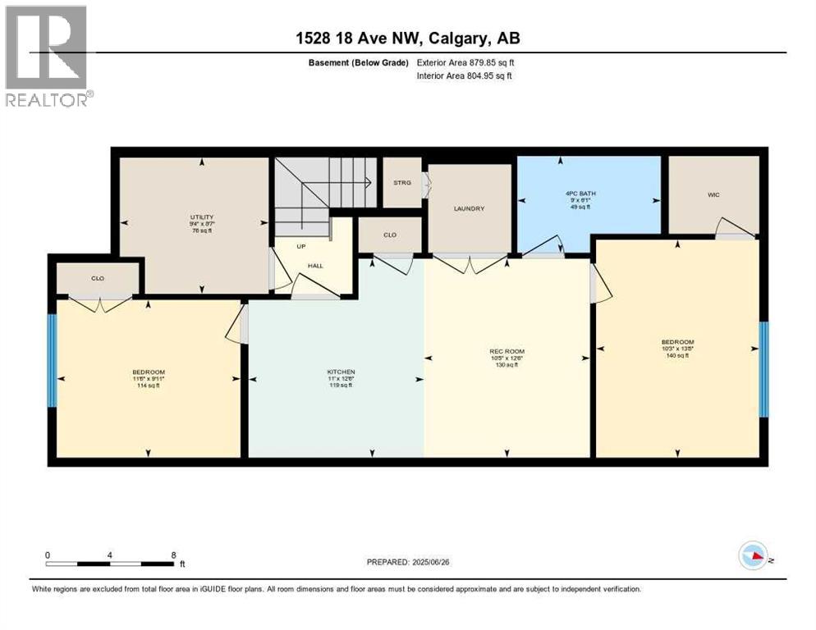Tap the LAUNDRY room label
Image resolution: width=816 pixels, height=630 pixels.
(x=469, y=208)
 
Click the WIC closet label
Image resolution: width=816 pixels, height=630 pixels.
(x=713, y=196)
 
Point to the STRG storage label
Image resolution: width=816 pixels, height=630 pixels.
(x=402, y=182)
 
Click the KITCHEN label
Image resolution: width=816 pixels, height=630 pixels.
(x=340, y=372)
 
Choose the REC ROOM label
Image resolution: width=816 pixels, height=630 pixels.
(x=507, y=351)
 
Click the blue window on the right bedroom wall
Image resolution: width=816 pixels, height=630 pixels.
(x=763, y=369)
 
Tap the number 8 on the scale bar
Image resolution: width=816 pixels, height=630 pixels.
(x=173, y=555)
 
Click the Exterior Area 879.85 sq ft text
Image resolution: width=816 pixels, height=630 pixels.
(x=465, y=62)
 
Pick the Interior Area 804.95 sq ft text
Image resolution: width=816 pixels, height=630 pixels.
(x=465, y=76)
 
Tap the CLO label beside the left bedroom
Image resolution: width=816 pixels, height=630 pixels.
(x=98, y=278)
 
